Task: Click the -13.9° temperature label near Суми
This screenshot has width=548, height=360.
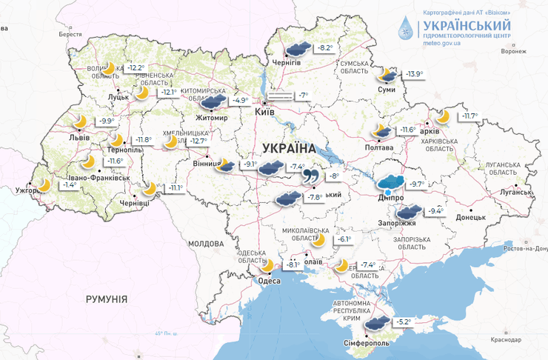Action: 412,74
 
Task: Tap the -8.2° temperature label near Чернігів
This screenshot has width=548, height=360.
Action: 324,49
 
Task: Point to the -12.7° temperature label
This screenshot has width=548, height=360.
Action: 198,141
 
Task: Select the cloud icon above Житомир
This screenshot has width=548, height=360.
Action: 213,101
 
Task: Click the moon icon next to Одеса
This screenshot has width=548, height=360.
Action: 267,265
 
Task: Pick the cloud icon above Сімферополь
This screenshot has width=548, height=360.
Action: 378,322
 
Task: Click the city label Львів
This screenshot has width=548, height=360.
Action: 78,138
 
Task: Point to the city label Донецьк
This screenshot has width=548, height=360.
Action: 470,218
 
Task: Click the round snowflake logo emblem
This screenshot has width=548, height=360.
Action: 404,29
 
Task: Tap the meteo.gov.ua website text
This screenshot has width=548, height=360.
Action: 442,44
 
